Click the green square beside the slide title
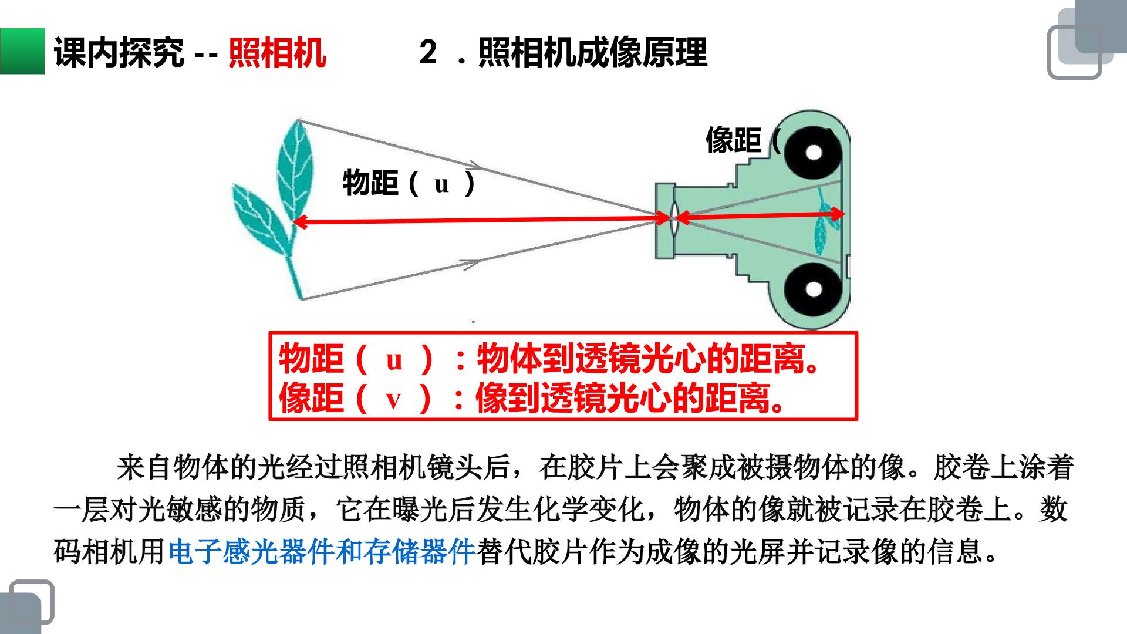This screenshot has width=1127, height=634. pyautogui.click(x=22, y=51)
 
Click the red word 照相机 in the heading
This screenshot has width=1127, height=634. pyautogui.click(x=277, y=53)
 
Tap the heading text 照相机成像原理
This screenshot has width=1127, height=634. pyautogui.click(x=593, y=53)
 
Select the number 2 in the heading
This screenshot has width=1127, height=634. pyautogui.click(x=428, y=52)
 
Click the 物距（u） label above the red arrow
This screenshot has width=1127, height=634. pyautogui.click(x=409, y=183)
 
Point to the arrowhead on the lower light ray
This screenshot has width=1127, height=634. pyautogui.click(x=473, y=264)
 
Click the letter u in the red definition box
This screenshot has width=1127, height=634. pyautogui.click(x=394, y=359)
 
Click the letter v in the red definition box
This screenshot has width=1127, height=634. pyautogui.click(x=393, y=400)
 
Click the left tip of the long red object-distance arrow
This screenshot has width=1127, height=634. pyautogui.click(x=293, y=222)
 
